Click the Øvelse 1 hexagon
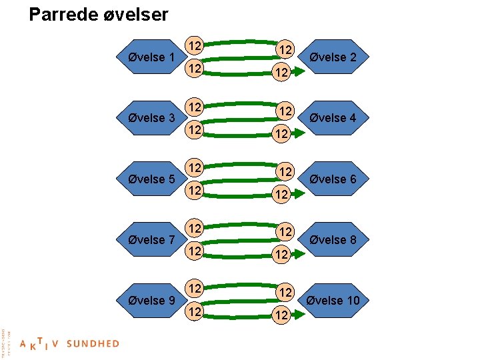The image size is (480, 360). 151,57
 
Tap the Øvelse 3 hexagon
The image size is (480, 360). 151,118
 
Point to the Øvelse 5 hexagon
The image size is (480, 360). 151,179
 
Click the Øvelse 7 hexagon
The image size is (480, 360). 151,240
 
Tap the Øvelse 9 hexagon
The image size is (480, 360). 151,301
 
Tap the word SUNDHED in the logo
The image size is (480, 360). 93,344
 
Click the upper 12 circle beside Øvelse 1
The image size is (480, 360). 194,46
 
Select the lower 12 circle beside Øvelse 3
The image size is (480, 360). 194,130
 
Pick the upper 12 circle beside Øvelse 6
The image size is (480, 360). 285,171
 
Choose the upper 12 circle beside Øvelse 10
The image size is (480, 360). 285,293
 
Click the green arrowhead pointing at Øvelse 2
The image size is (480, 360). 299,71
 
